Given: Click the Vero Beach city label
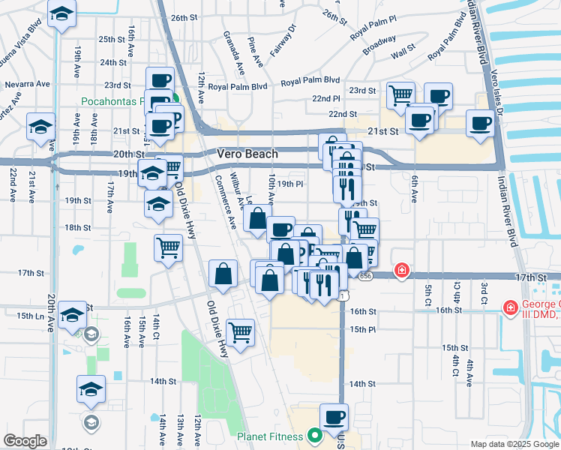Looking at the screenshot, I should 247,154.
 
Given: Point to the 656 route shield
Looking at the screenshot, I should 365,276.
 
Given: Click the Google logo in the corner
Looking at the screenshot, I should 25,441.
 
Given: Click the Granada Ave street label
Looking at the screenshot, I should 232,52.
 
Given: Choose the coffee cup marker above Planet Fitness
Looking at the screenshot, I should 334,416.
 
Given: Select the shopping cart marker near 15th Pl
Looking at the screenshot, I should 240,331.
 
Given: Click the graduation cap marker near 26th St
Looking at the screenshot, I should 61,14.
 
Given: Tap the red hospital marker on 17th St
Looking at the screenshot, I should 402,270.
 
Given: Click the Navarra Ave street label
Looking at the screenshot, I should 24,85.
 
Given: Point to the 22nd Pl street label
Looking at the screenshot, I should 326,99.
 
